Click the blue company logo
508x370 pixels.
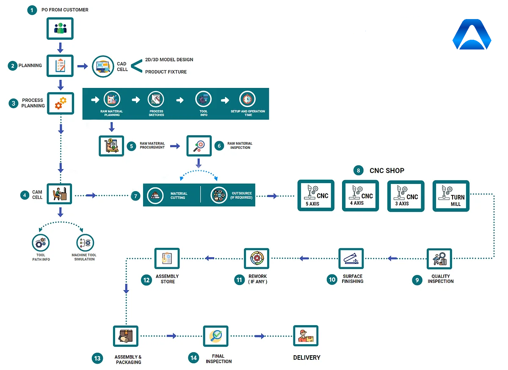(x=472, y=35)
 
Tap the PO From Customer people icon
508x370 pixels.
(x=60, y=29)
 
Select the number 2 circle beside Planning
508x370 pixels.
(x=13, y=66)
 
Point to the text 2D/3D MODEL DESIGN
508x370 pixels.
(x=169, y=60)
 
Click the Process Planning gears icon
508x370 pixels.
(x=60, y=103)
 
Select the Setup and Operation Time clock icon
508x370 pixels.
(x=247, y=100)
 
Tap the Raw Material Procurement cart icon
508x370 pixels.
(x=111, y=146)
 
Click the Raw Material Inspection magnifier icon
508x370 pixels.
(x=199, y=146)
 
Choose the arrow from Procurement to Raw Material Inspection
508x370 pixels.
(x=175, y=146)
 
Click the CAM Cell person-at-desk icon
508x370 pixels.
(x=59, y=194)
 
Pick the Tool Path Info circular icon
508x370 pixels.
(x=41, y=243)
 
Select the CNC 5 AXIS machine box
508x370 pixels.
(x=315, y=195)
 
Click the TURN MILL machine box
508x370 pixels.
(x=451, y=196)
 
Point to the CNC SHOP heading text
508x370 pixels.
(x=387, y=170)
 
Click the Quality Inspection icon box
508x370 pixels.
(x=439, y=259)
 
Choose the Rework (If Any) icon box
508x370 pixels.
(x=257, y=258)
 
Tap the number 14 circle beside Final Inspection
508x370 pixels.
(x=193, y=358)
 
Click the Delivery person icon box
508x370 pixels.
(x=305, y=336)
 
